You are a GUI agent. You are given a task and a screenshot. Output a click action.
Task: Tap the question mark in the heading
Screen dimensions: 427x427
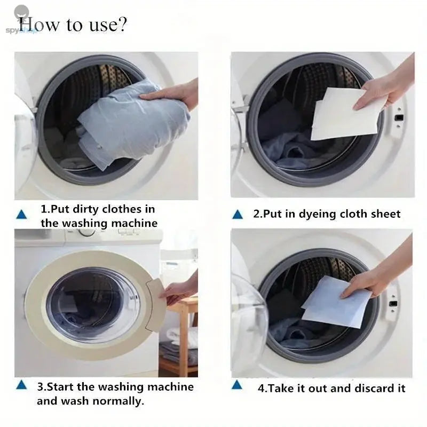pos(122,25)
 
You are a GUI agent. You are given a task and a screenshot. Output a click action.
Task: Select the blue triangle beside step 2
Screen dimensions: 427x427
pos(238,215)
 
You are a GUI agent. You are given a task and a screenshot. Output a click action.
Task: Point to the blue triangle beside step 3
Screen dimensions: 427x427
pos(21,385)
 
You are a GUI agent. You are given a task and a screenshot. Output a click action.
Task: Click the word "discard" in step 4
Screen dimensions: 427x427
pos(353,388)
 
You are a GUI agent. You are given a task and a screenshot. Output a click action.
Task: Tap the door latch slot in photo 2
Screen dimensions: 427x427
pos(398,114)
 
